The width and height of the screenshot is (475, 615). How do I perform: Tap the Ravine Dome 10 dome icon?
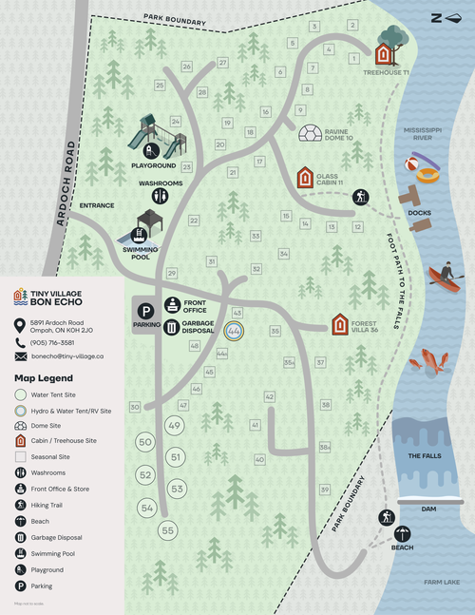click(311, 132)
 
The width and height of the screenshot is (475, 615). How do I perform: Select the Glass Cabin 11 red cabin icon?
click(304, 178)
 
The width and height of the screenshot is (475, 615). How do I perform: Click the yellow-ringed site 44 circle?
click(233, 331)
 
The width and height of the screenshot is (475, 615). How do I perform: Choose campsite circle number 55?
click(168, 529)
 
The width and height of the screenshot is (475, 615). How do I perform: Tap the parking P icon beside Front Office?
click(145, 311)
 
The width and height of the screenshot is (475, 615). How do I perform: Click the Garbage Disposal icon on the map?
click(172, 328)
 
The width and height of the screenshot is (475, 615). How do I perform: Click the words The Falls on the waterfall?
click(425, 456)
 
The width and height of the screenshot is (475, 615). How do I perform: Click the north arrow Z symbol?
click(436, 16)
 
